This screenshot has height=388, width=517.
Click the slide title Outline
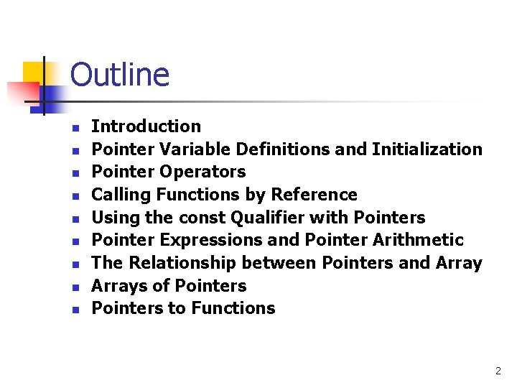[x=120, y=75]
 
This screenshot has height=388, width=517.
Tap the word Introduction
[x=146, y=126]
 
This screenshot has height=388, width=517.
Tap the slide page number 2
[x=498, y=371]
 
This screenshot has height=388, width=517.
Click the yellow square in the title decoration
[x=34, y=72]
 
